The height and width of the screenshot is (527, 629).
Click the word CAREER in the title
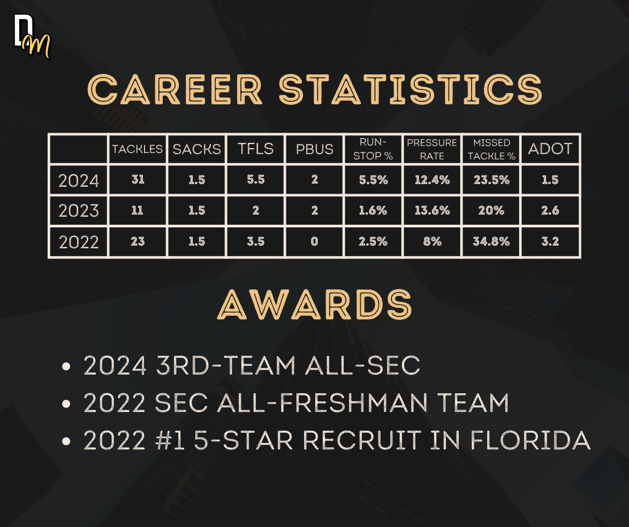tap(175, 89)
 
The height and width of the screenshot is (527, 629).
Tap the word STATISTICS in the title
tap(411, 89)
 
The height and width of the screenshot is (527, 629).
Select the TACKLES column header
tap(137, 149)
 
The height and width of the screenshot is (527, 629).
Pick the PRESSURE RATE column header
tap(432, 149)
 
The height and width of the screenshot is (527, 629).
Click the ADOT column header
tap(550, 149)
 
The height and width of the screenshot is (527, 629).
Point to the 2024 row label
tap(79, 180)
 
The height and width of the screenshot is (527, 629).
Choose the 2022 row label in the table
tap(79, 242)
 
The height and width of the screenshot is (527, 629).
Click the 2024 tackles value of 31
tap(138, 179)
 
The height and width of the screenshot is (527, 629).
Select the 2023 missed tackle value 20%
tap(491, 210)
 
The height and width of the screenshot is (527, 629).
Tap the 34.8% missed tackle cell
tap(491, 241)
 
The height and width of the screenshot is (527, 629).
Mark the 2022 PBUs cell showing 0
tap(315, 241)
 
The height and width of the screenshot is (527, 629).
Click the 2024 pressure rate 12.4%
tap(432, 180)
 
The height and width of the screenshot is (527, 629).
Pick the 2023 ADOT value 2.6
tap(550, 210)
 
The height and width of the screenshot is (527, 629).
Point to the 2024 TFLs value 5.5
tap(255, 179)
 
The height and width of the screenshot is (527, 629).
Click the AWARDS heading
tap(315, 304)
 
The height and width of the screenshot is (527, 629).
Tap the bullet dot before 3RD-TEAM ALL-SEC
tap(66, 366)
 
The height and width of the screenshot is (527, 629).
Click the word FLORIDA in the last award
tap(530, 440)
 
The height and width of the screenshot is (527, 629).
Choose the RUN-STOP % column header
tap(373, 149)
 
